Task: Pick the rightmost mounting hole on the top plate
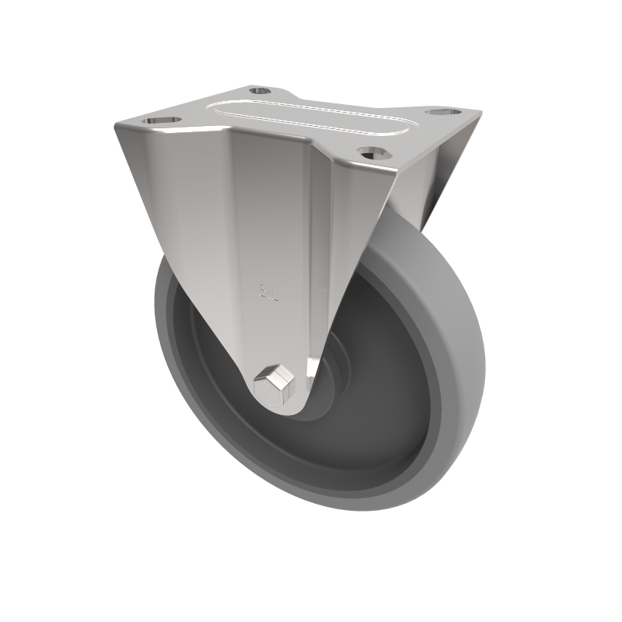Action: [x=439, y=112]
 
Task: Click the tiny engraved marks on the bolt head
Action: [x=271, y=382]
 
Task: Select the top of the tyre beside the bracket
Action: [x=412, y=225]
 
